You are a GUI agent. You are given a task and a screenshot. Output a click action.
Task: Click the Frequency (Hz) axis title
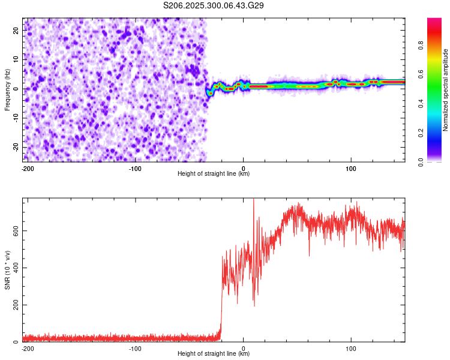click(7, 89)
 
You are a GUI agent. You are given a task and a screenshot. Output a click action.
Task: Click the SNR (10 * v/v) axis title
click(7, 269)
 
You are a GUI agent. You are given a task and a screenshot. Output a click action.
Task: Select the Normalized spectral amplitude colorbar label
click(446, 91)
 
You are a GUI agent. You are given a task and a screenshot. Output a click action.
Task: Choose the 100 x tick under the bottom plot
click(351, 348)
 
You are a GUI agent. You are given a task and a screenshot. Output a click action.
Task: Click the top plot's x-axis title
click(214, 174)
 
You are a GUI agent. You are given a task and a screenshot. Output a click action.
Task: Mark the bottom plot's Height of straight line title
click(214, 354)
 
